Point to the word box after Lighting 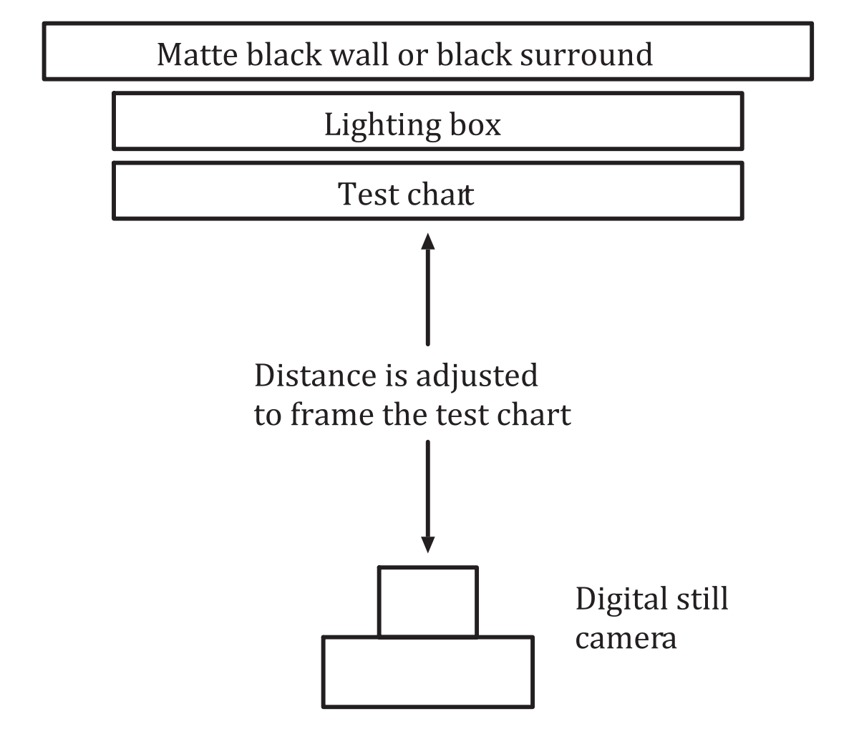pos(475,124)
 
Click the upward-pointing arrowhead pos(428,240)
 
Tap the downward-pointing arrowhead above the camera pos(428,545)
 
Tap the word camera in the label pos(626,638)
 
